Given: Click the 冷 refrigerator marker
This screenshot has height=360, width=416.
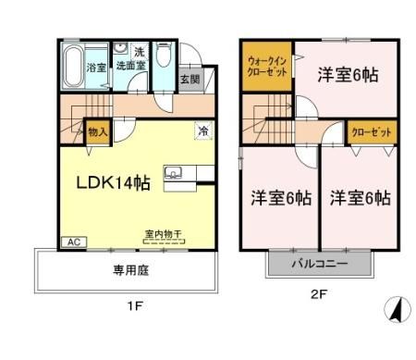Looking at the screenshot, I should pos(202,132).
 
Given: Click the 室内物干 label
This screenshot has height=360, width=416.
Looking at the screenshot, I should pos(162,234).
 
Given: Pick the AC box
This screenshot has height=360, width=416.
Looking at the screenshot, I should pos(71,242).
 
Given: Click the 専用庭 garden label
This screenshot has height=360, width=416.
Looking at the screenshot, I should pos(130,271).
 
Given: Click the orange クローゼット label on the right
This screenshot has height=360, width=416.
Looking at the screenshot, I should pos(371,132).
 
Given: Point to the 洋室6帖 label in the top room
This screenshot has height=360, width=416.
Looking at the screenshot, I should pos(348,73).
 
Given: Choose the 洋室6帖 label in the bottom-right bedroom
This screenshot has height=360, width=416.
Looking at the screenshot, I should pos(360,198).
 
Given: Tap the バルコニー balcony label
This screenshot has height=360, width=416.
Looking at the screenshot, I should pos(321,263).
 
